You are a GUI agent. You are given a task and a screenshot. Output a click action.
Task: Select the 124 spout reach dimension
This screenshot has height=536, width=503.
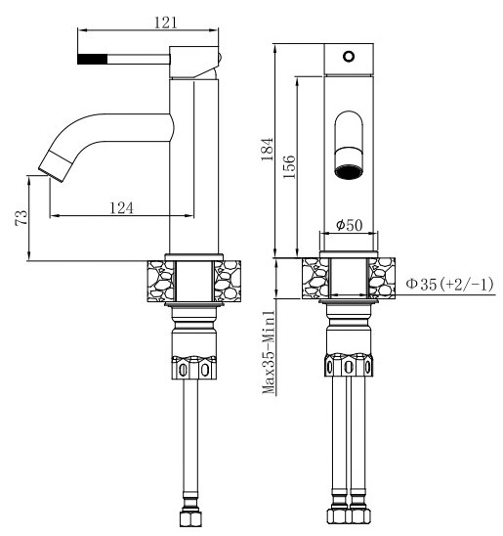[120, 206]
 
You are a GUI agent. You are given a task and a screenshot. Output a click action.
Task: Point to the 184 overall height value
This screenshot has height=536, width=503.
[267, 147]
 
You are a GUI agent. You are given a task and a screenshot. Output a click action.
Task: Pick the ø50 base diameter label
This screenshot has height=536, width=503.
[349, 225]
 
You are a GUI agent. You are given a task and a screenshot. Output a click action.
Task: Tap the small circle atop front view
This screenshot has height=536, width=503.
[349, 58]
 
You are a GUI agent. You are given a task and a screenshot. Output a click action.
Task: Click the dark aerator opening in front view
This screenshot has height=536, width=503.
[349, 172]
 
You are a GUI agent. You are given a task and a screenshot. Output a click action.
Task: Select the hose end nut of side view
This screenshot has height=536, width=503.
[190, 517]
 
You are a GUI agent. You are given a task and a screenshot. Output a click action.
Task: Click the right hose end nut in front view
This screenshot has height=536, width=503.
[362, 517]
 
